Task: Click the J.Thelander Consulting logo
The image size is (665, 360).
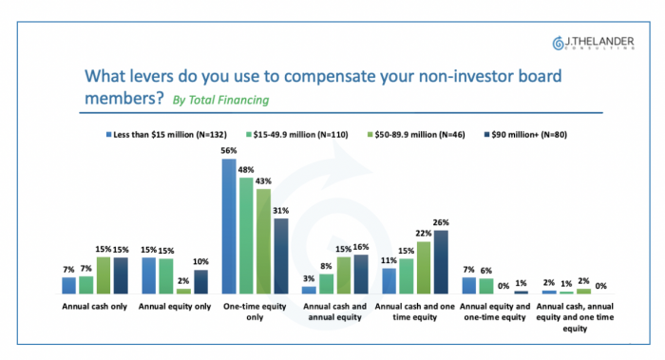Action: pyautogui.click(x=594, y=44)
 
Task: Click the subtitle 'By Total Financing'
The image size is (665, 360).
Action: pyautogui.click(x=220, y=100)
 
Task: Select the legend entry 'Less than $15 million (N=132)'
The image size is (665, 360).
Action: pyautogui.click(x=166, y=135)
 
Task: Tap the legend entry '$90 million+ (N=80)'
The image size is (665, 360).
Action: pyautogui.click(x=525, y=135)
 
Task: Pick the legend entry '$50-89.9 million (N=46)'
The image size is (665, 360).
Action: pyautogui.click(x=416, y=135)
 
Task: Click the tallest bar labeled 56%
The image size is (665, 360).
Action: pyautogui.click(x=229, y=226)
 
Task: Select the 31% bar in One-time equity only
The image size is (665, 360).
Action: pyautogui.click(x=281, y=256)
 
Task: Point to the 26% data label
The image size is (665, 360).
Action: pyautogui.click(x=441, y=222)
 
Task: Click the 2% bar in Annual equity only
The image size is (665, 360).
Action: pyautogui.click(x=183, y=292)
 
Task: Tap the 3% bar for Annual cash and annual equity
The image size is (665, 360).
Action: pyautogui.click(x=309, y=290)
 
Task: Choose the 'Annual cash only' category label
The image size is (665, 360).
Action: pyautogui.click(x=95, y=306)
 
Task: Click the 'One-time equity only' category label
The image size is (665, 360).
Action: pyautogui.click(x=255, y=312)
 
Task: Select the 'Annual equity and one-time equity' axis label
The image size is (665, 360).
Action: pyautogui.click(x=495, y=312)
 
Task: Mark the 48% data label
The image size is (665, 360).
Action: pyautogui.click(x=246, y=170)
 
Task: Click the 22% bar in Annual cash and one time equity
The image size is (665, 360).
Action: pyautogui.click(x=424, y=268)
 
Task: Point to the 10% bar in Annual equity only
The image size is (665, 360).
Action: pyautogui.click(x=201, y=282)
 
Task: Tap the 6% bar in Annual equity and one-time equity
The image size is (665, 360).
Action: pyautogui.click(x=486, y=286)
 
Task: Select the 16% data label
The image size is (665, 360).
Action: pyautogui.click(x=361, y=247)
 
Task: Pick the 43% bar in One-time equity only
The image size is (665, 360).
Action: pyautogui.click(x=263, y=241)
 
